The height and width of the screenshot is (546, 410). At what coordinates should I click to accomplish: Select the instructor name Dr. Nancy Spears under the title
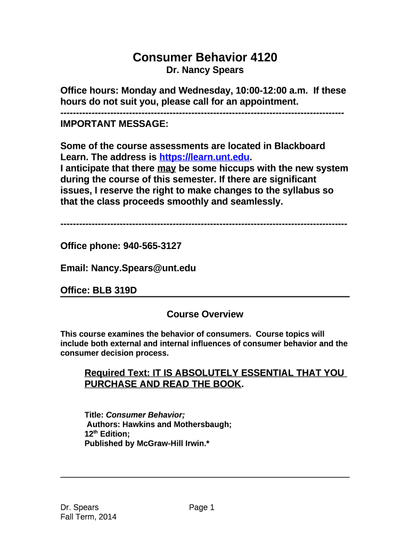click(205, 70)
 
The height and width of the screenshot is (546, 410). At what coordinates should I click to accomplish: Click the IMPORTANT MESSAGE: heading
click(114, 124)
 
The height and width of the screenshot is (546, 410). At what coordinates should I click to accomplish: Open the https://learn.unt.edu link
click(204, 157)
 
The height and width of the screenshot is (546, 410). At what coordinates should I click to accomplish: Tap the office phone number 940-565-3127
click(152, 246)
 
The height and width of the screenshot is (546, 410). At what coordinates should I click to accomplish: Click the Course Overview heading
click(205, 314)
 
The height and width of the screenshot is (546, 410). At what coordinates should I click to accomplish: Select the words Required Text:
click(117, 373)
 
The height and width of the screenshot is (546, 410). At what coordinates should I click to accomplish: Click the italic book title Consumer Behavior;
click(146, 414)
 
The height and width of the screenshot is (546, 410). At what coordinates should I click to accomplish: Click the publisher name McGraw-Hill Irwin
click(171, 444)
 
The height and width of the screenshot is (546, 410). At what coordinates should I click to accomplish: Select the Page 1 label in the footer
click(202, 507)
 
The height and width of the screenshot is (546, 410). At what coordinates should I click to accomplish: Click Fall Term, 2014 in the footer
click(88, 517)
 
